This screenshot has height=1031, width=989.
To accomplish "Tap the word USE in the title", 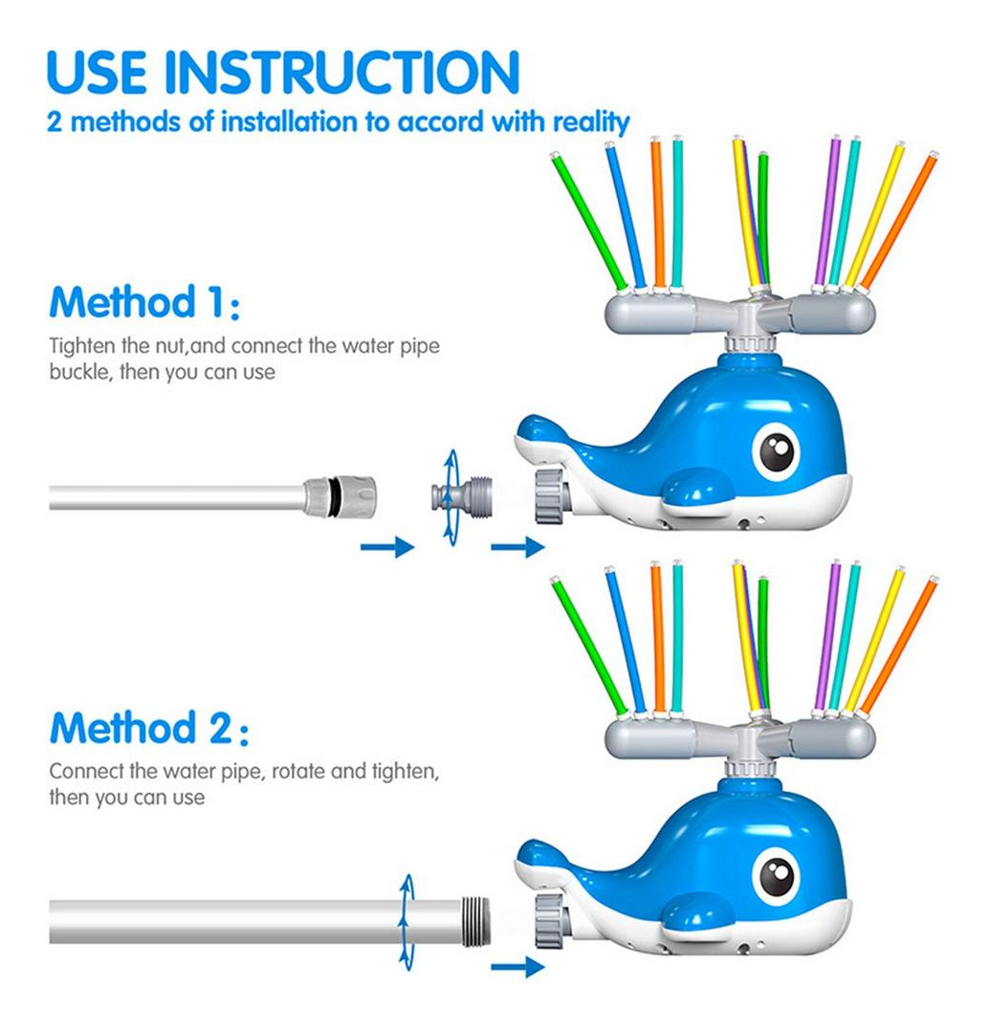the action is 97,72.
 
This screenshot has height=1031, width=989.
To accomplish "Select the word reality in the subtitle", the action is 591,122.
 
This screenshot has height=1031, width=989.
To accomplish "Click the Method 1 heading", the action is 144,302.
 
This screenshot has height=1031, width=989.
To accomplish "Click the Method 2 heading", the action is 149,728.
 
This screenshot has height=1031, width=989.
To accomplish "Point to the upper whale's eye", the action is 777,451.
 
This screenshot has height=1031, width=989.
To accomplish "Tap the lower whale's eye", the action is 777,877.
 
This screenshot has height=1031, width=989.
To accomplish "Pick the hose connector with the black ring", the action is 340,497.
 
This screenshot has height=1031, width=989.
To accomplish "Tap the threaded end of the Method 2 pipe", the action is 476,922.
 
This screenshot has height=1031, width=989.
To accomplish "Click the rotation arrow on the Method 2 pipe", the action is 407,922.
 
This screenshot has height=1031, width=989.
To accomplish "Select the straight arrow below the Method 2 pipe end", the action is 517,967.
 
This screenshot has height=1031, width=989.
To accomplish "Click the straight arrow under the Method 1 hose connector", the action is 387,546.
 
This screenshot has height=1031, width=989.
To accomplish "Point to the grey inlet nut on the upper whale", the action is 550,495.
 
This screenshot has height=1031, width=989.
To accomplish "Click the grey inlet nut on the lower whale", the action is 550,921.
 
